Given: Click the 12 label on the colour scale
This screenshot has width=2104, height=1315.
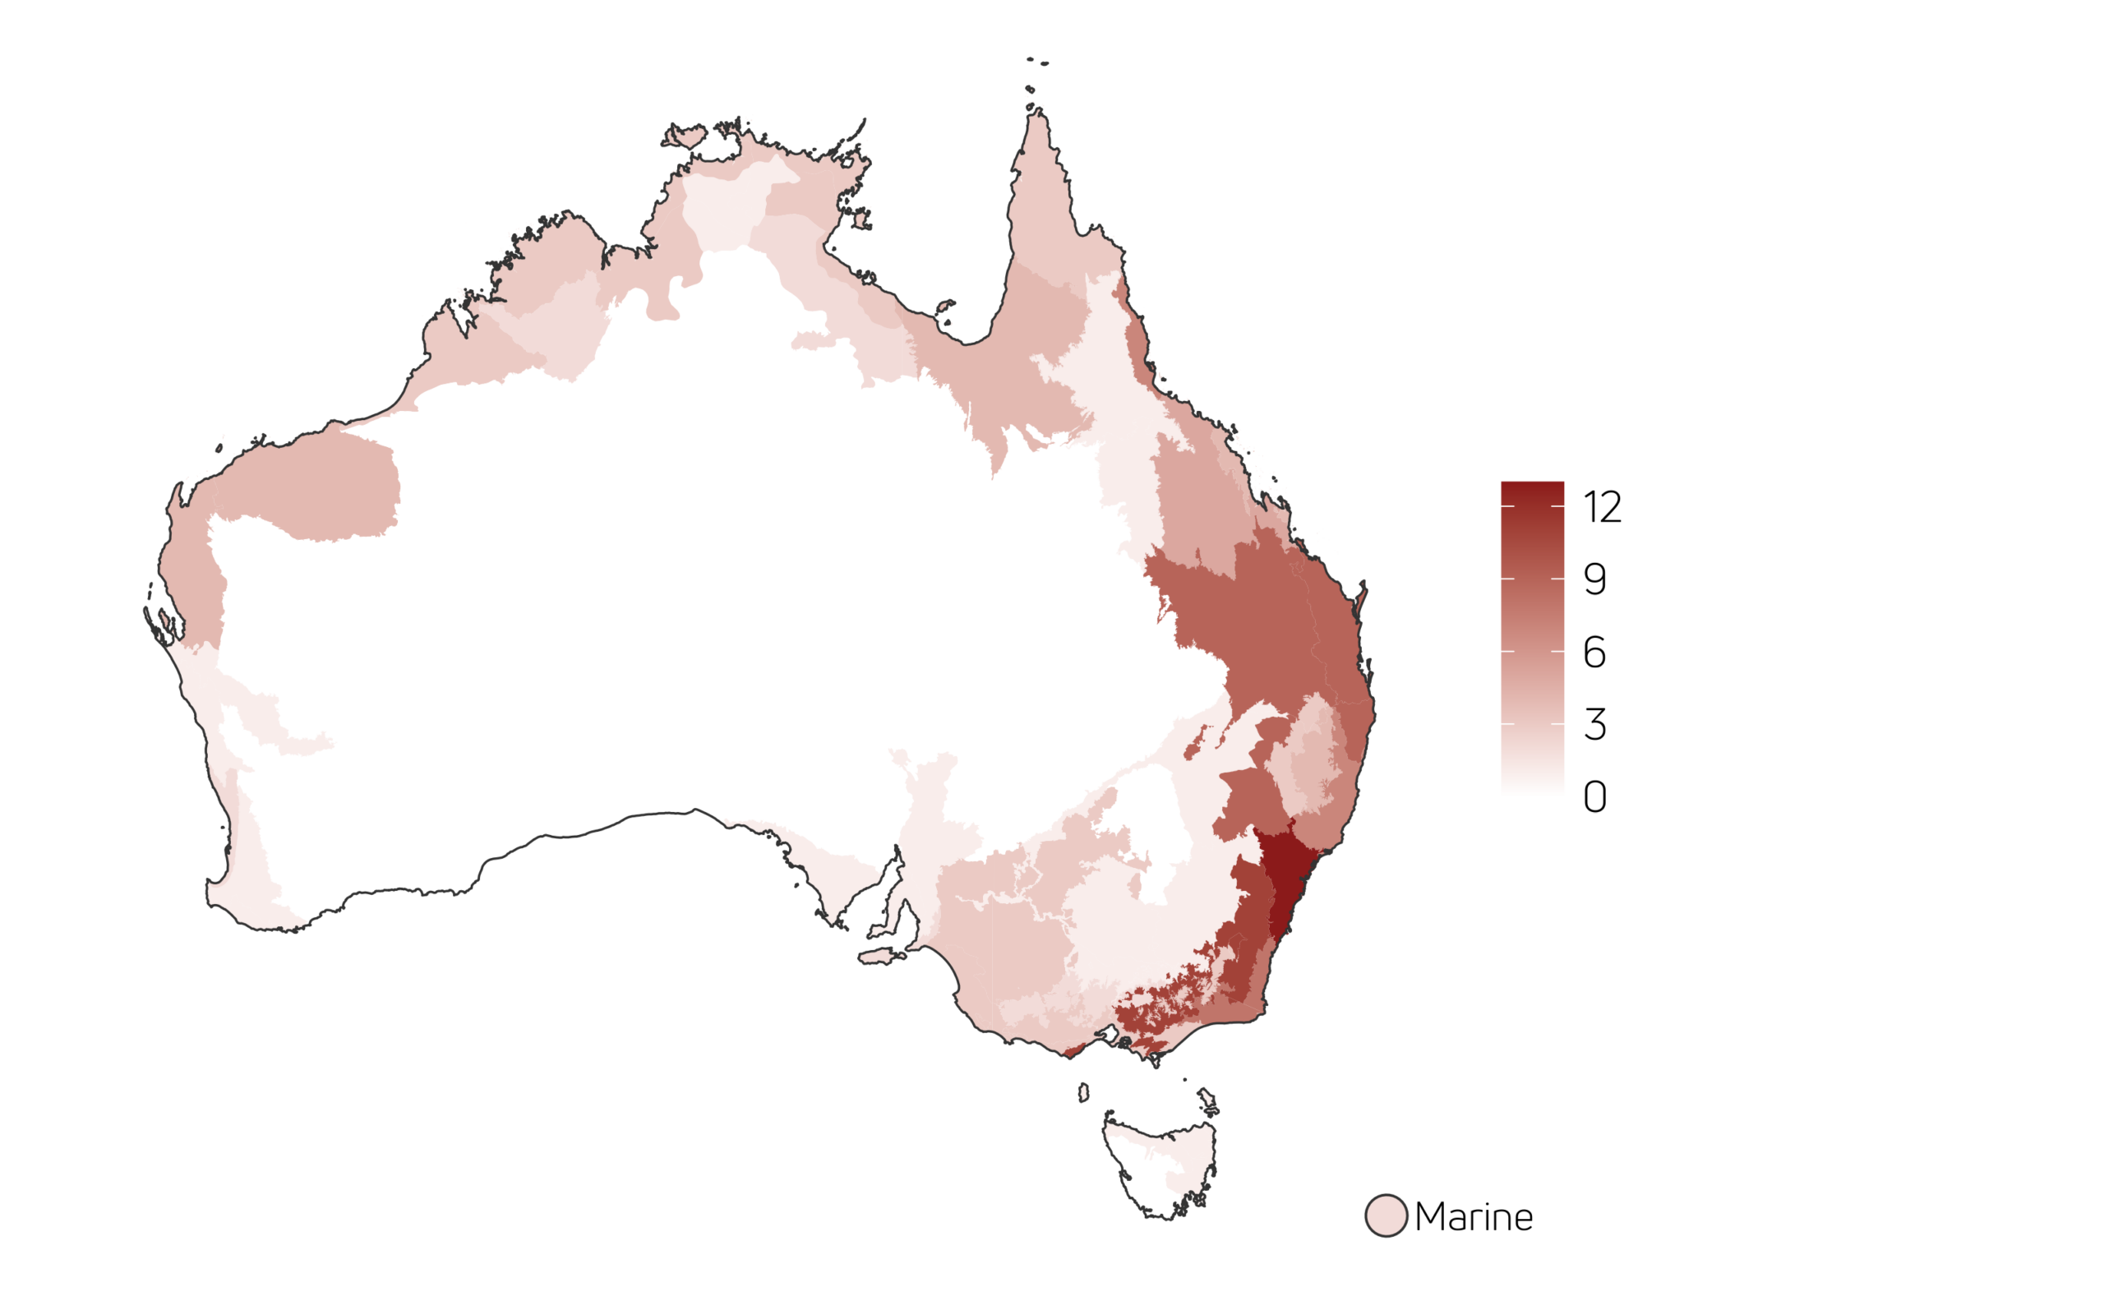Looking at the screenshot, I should pyautogui.click(x=1603, y=507).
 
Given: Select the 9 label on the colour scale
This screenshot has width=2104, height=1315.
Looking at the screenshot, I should pyautogui.click(x=1594, y=579).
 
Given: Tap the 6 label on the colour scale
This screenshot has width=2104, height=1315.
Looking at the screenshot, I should pyautogui.click(x=1594, y=653).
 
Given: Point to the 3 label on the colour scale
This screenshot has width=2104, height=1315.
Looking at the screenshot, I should pyautogui.click(x=1594, y=724).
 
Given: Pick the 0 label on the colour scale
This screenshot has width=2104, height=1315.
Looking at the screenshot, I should pyautogui.click(x=1594, y=796).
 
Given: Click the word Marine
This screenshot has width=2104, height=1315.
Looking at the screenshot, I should pyautogui.click(x=1474, y=1216).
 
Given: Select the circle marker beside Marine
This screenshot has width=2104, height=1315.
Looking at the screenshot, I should pyautogui.click(x=1386, y=1216).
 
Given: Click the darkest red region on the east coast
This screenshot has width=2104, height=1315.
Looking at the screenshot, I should pyautogui.click(x=1285, y=879).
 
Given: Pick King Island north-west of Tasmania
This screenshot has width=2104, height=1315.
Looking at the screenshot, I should pyautogui.click(x=1083, y=1092).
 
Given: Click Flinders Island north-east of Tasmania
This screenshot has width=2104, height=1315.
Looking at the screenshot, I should pyautogui.click(x=1207, y=1101).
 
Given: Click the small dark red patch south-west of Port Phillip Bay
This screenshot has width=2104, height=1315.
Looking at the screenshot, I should pyautogui.click(x=1073, y=1051).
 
